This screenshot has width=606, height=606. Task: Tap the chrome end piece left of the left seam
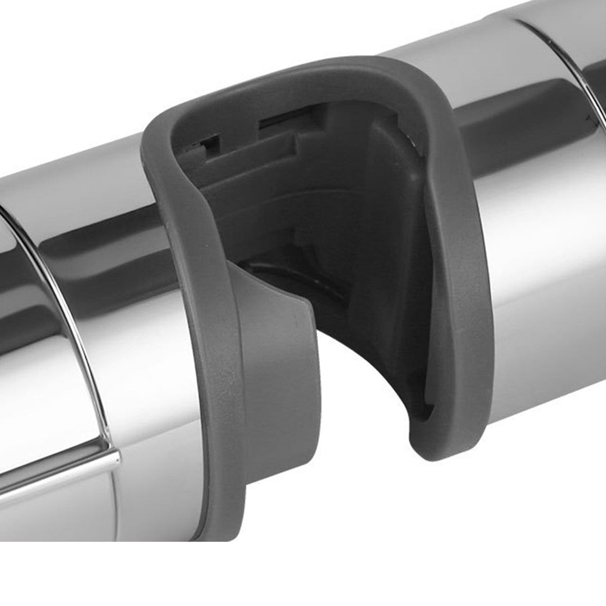pos(24,364)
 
